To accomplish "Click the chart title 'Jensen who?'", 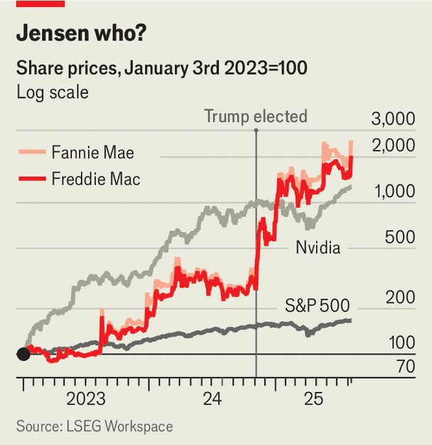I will pyautogui.click(x=83, y=33).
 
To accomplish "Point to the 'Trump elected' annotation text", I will pyautogui.click(x=256, y=116).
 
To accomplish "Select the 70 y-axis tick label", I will pyautogui.click(x=404, y=367).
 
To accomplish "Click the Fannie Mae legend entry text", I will pyautogui.click(x=92, y=152).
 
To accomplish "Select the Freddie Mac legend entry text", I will pyautogui.click(x=96, y=179).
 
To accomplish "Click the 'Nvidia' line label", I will pyautogui.click(x=318, y=248).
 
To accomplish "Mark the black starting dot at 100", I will pyautogui.click(x=23, y=354).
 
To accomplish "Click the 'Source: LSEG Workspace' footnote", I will pyautogui.click(x=94, y=426).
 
